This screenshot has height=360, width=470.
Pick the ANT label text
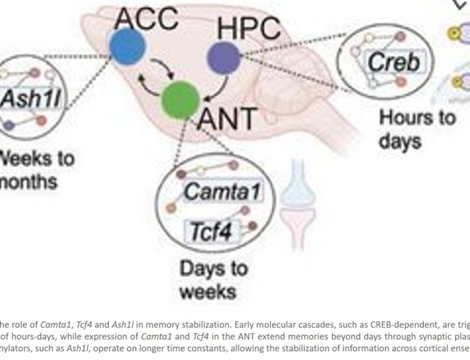pyautogui.click(x=227, y=120)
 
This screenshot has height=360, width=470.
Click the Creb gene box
pyautogui.click(x=393, y=64)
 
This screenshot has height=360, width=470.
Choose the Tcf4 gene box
pyautogui.click(x=210, y=233)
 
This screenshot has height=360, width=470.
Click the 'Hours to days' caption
pyautogui.click(x=416, y=129)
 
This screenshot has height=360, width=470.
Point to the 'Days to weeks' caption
pyautogui.click(x=214, y=280)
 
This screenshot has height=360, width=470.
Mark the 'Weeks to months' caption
pyautogui.click(x=34, y=171)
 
